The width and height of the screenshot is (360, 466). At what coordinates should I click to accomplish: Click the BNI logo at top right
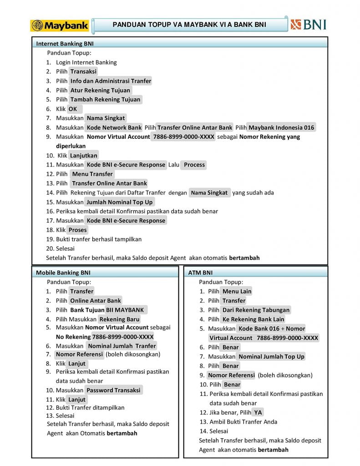click(x=308, y=24)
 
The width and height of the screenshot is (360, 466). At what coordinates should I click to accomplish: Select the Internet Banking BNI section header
click(x=65, y=44)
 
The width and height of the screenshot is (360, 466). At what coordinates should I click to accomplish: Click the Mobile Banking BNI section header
click(x=63, y=273)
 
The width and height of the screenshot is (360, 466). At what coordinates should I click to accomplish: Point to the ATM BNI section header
click(x=200, y=273)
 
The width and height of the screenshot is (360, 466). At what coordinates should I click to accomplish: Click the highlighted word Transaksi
click(x=84, y=71)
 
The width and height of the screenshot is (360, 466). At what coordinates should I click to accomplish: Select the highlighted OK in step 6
click(x=73, y=109)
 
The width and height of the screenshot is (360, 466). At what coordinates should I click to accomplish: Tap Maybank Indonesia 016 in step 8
click(x=282, y=127)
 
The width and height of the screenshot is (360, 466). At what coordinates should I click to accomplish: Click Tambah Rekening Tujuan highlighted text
click(x=106, y=99)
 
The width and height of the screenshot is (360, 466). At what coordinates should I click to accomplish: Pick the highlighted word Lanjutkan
click(x=84, y=156)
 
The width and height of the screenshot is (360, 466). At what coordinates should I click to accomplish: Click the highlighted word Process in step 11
click(x=194, y=165)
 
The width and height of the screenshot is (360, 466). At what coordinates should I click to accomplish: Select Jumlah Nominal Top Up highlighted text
click(x=120, y=202)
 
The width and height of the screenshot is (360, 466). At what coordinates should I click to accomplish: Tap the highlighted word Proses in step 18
click(x=78, y=230)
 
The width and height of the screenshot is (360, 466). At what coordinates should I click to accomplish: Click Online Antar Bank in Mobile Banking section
click(x=96, y=300)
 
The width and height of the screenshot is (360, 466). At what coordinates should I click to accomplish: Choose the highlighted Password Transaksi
click(x=113, y=390)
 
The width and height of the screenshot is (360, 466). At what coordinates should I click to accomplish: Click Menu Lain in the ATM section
click(x=237, y=291)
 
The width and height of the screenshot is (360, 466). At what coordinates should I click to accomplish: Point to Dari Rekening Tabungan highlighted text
click(x=256, y=310)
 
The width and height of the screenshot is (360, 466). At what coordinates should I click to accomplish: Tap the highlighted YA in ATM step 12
click(x=258, y=412)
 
